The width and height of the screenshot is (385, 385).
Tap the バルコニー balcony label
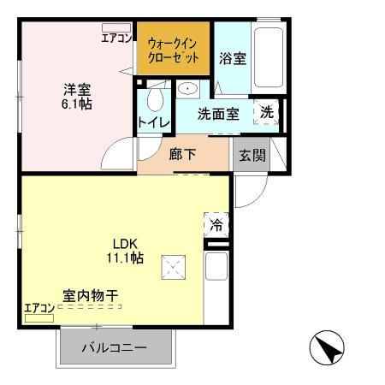tap(115, 348)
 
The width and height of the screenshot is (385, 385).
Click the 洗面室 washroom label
tap(218, 114)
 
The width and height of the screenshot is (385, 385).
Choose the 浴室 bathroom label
tap(232, 59)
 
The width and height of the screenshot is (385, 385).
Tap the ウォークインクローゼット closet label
tap(174, 50)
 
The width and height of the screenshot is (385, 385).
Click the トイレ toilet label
tap(154, 122)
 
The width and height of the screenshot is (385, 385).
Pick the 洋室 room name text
tap(75, 88)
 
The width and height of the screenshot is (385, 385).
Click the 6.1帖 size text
tap(75, 104)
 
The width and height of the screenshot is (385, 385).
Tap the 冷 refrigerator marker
tap(216, 225)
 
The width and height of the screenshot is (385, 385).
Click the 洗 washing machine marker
tap(268, 112)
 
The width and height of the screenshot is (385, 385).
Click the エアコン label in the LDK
tap(38, 308)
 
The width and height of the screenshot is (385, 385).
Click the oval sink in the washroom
tap(188, 89)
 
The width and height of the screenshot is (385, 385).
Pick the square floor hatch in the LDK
tap(175, 268)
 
